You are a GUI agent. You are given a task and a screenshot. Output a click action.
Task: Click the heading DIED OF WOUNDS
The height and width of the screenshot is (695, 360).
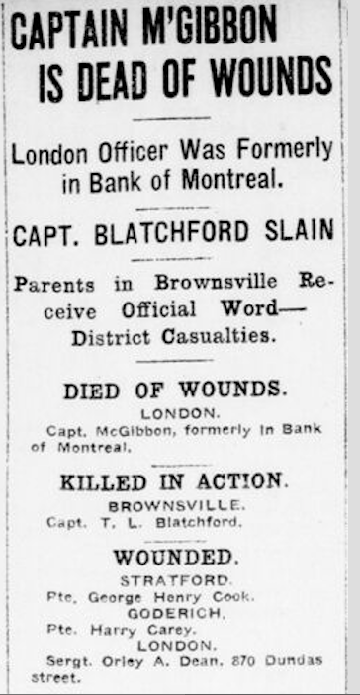click(175, 391)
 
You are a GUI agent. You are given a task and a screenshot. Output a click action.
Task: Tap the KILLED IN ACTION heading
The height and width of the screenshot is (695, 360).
click(173, 482)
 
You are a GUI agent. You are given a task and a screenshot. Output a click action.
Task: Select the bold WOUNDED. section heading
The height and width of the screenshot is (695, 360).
click(174, 559)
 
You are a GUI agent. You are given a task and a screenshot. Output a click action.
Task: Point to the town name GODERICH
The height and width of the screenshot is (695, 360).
click(173, 613)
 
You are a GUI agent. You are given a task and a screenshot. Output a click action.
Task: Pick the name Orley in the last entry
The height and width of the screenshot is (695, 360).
click(124, 661)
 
